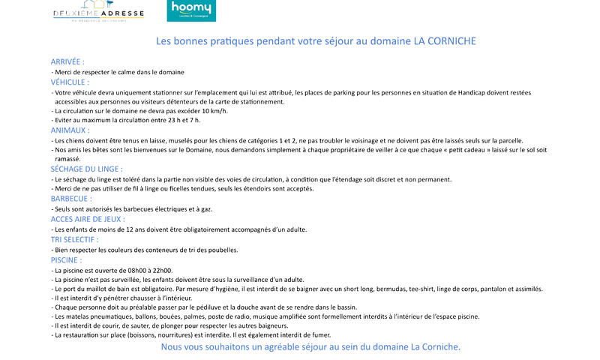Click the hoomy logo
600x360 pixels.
[x=190, y=10]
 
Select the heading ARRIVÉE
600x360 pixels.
[x=67, y=61]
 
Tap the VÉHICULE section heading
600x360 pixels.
[x=70, y=82]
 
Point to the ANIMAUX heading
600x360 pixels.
[x=70, y=130]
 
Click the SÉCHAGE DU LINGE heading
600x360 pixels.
[x=86, y=169]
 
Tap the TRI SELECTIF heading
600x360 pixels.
[x=74, y=239]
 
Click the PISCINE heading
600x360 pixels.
[x=66, y=259]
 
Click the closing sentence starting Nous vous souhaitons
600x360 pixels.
[x=310, y=347]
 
